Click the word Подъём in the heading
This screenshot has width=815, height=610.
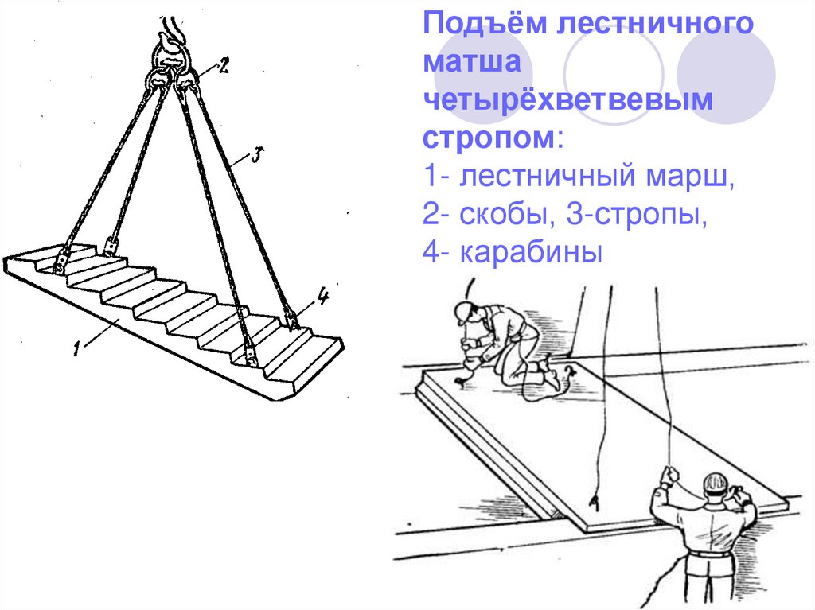(485, 24)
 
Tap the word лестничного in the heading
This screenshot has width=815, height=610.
(655, 24)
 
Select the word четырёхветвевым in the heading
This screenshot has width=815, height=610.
(567, 99)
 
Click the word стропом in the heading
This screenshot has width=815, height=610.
(489, 138)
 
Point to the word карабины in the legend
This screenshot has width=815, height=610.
(531, 253)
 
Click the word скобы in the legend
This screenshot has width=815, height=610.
(504, 214)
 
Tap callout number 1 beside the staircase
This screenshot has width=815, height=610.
(77, 348)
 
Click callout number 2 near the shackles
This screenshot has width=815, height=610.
(224, 65)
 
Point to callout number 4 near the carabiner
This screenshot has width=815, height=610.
(322, 297)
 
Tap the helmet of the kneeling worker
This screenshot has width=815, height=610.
(466, 311)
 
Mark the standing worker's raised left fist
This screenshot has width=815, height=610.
(669, 476)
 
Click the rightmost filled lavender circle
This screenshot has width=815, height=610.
(726, 75)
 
